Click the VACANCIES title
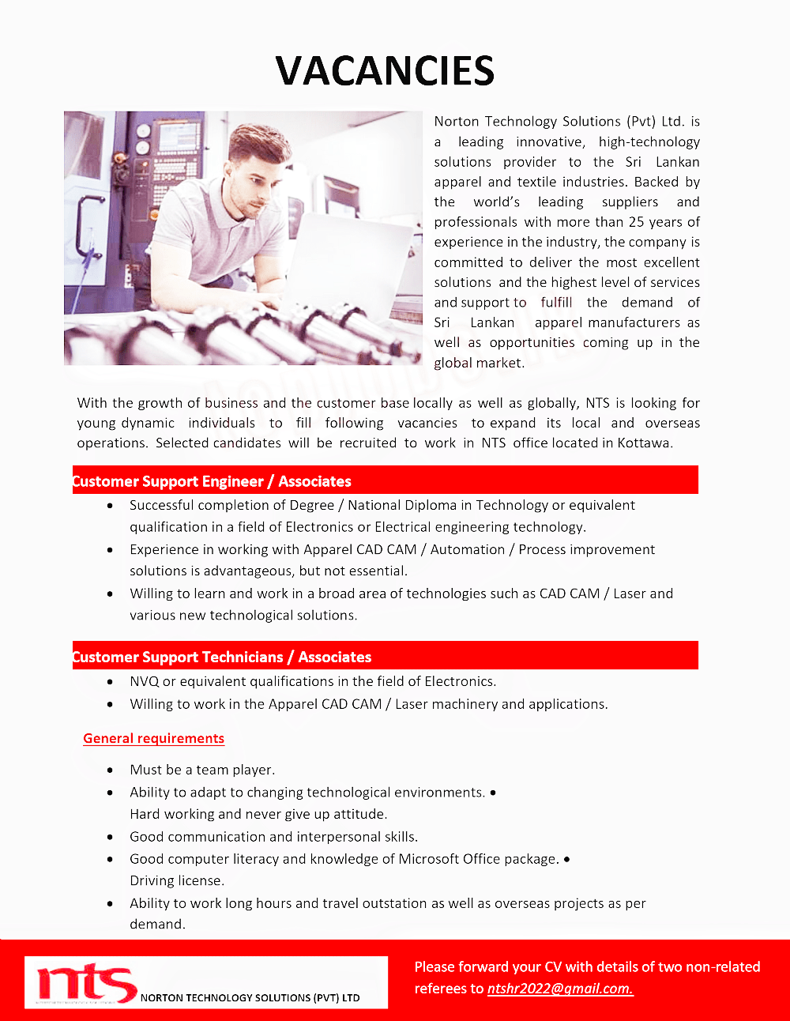coord(385,71)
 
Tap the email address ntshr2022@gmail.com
coord(559,989)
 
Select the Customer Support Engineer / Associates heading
coord(212,481)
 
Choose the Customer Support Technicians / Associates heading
coord(221,657)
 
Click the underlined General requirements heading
coord(153,738)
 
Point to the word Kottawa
coord(645,443)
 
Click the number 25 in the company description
coord(637,222)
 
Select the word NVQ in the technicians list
coord(144,681)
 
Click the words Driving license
coord(177,880)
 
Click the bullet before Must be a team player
coord(110,770)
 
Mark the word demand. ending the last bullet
coord(157,924)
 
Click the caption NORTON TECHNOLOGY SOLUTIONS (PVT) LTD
coord(250,998)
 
